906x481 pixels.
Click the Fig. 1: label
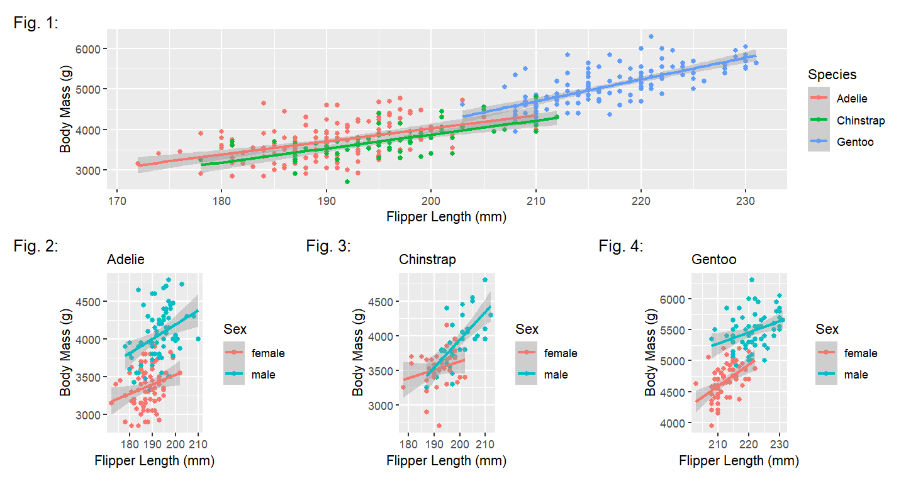[x=36, y=23]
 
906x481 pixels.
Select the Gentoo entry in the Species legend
[x=855, y=142]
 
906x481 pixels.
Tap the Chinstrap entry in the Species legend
[x=860, y=120]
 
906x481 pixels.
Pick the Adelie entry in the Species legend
[x=851, y=99]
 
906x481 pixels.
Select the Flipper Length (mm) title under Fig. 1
[x=445, y=217]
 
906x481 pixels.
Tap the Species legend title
[x=832, y=75]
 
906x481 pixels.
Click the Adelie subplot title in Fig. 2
[x=126, y=259]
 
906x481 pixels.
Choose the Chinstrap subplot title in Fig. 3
[x=427, y=259]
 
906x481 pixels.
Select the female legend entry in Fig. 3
[x=560, y=353]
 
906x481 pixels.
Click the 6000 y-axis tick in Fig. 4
[x=672, y=299]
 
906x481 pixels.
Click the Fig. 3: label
[x=328, y=246]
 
